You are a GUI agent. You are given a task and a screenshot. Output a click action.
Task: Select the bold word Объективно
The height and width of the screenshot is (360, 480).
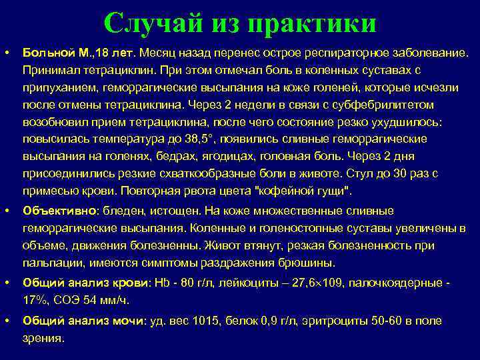[x=60, y=211]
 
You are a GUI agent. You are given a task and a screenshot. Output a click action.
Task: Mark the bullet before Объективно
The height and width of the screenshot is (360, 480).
[x=7, y=211]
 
